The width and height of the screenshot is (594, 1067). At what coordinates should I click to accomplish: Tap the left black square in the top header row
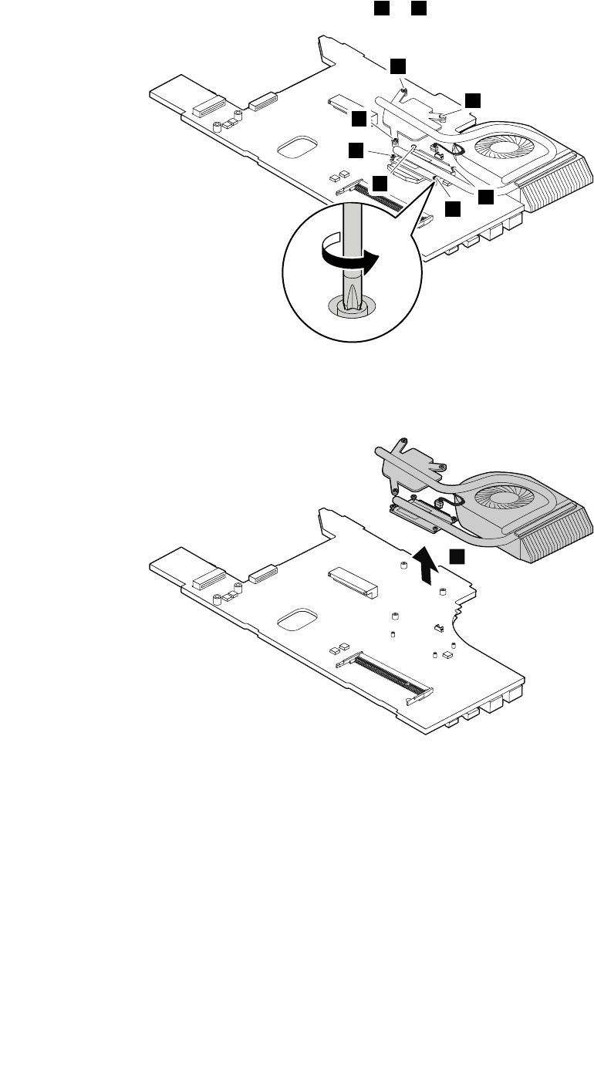[380, 7]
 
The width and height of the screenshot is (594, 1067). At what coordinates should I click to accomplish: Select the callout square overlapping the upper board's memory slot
[380, 184]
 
